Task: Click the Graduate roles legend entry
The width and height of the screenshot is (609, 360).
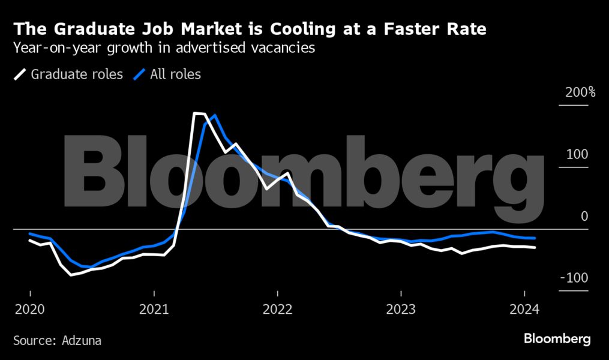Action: click(77, 75)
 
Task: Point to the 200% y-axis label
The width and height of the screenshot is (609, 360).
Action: click(576, 93)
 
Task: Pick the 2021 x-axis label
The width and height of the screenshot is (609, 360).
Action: click(154, 310)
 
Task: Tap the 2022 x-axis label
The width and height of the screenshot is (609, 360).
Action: click(277, 310)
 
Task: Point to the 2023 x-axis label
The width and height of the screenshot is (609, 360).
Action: click(401, 310)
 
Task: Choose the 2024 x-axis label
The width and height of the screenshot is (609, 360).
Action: click(524, 310)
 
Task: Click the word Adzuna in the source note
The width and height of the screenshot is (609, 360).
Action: click(82, 341)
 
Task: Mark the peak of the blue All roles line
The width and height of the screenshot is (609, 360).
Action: click(214, 115)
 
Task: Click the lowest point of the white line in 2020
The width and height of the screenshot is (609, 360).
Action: click(71, 275)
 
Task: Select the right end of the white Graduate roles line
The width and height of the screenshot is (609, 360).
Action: click(535, 247)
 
